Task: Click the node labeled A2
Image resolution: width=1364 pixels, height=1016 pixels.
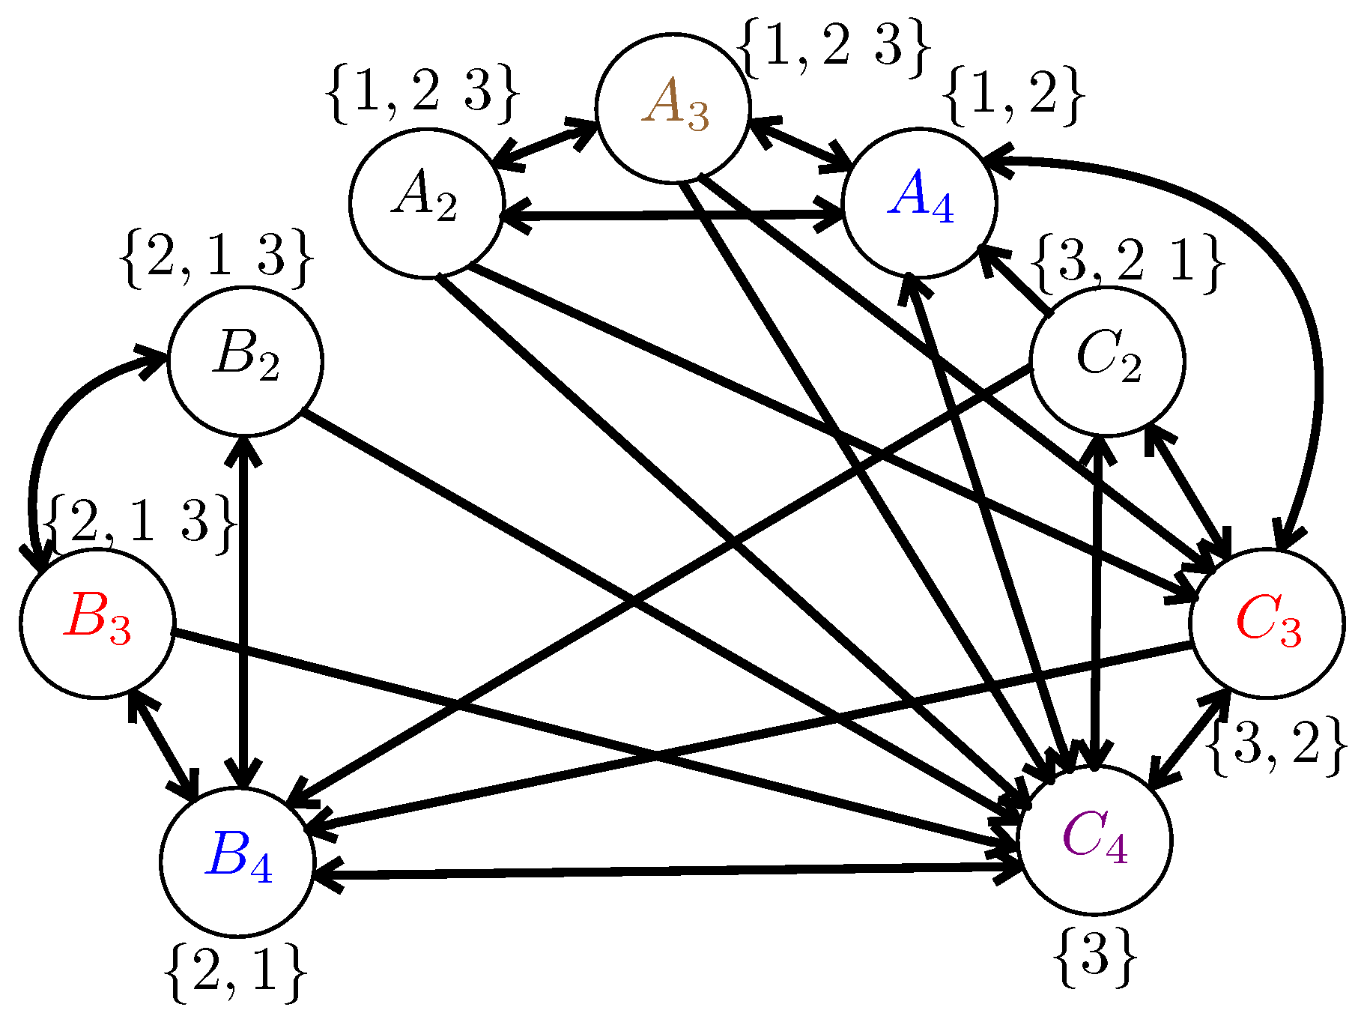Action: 426,203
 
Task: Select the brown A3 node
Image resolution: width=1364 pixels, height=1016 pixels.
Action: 673,107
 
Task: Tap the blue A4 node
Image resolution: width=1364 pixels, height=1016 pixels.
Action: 920,202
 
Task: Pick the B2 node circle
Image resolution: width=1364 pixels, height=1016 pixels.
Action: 246,360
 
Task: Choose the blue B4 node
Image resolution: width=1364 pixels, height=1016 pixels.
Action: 237,862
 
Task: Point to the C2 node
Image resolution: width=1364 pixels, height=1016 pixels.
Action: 1107,360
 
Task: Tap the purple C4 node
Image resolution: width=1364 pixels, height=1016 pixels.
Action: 1094,840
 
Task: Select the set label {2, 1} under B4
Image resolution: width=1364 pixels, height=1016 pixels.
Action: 235,972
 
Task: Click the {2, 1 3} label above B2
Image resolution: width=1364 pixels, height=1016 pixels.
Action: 216,257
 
